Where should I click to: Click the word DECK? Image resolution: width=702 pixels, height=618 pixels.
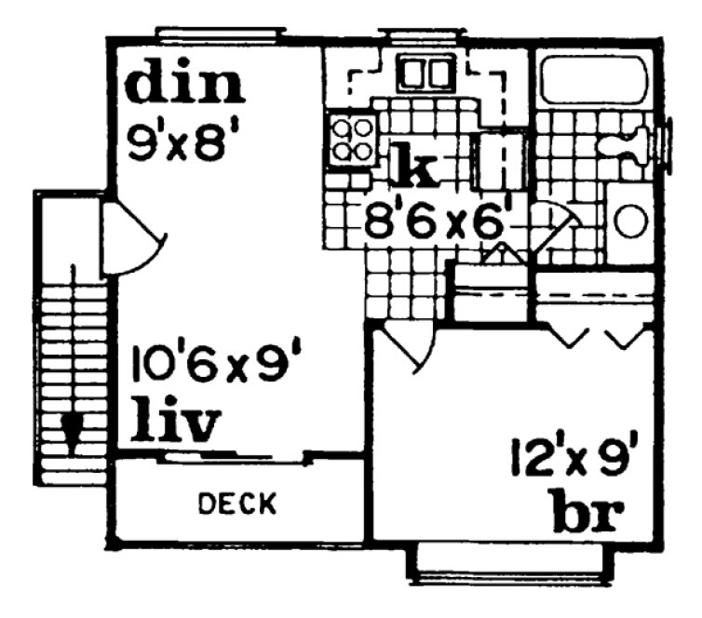tap(238, 504)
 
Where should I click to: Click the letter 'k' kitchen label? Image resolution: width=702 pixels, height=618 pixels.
tap(412, 167)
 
